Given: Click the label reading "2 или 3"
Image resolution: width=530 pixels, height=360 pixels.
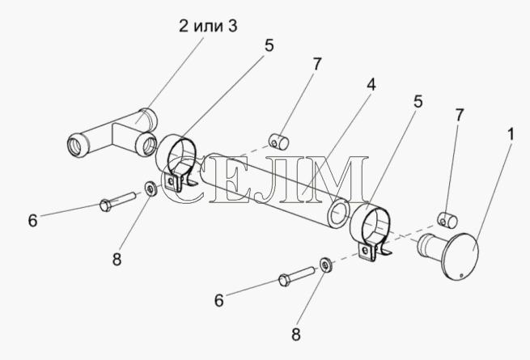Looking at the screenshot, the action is [x=208, y=26].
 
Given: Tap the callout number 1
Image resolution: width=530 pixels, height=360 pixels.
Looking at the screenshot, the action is [x=511, y=134].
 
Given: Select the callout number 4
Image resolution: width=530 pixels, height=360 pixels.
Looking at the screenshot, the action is [x=371, y=84].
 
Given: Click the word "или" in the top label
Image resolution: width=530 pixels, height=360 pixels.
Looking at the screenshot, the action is [x=208, y=27].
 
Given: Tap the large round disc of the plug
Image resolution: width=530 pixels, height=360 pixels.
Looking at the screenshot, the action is [x=460, y=256].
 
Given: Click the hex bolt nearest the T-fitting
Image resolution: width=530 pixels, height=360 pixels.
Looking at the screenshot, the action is [x=117, y=201].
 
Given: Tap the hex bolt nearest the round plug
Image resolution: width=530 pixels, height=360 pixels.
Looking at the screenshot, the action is [x=296, y=276].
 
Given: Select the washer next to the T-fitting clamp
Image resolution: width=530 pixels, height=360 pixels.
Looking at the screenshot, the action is [x=150, y=188].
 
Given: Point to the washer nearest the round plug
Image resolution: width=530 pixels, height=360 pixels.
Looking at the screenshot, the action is [x=325, y=265].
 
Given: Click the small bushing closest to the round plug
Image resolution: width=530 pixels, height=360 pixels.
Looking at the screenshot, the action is [x=447, y=219].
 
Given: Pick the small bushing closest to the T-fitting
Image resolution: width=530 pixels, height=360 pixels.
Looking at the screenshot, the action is [x=279, y=142].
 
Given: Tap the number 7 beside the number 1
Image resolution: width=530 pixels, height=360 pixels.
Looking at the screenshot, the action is [x=459, y=115].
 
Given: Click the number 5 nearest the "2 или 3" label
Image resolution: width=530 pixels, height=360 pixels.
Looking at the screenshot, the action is [x=269, y=45].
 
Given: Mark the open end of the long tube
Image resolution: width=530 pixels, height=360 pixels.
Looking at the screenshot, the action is [x=338, y=215].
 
